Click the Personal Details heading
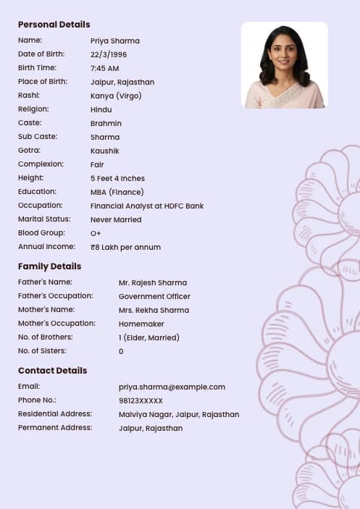tap(54, 25)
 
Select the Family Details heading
tap(49, 266)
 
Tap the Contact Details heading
tap(52, 371)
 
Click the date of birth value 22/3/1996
tap(109, 54)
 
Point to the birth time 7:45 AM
tap(105, 68)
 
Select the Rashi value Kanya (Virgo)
tap(116, 96)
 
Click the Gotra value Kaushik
tap(104, 151)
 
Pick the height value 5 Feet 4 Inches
tap(117, 178)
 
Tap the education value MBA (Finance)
tap(117, 192)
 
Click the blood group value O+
tap(96, 233)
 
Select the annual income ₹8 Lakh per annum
tap(125, 247)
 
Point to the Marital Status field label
tap(44, 219)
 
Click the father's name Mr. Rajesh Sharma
tap(152, 282)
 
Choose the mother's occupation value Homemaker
tap(141, 324)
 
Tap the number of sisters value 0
tap(121, 351)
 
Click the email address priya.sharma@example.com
tap(172, 387)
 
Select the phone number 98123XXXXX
tap(141, 400)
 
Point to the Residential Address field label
tap(55, 414)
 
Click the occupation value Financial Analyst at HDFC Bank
tap(147, 206)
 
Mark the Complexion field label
tap(41, 164)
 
